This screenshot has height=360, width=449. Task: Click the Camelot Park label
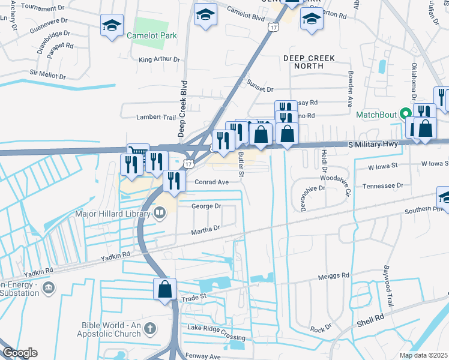coord(152,35)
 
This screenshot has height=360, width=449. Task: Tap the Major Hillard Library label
coord(114,213)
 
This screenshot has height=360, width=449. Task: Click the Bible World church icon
coord(149,328)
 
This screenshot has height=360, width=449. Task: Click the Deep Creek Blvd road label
coord(184,108)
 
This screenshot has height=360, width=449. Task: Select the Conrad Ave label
coord(212,182)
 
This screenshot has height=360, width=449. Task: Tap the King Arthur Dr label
coord(159,59)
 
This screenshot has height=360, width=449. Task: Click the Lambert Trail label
coord(155,118)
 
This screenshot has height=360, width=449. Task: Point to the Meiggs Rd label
coord(333,276)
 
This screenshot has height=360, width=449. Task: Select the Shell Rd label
coord(371,317)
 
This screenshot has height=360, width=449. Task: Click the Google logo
coord(19,353)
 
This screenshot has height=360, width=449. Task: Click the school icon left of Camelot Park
coord(111,25)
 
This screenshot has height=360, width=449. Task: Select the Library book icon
coord(160,213)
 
